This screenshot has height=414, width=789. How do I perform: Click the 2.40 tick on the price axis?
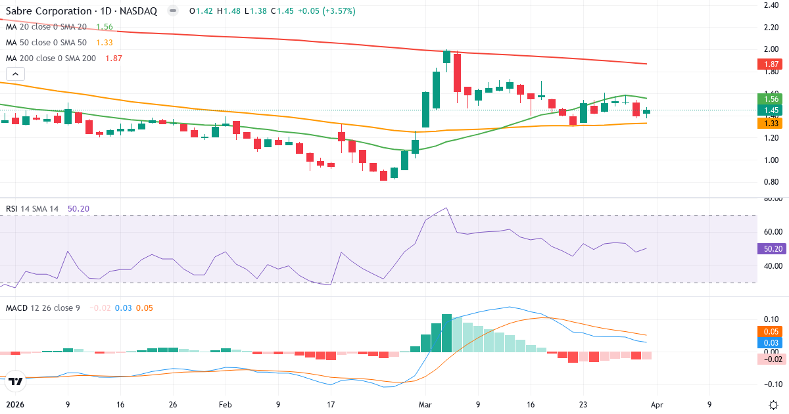coord(771,5)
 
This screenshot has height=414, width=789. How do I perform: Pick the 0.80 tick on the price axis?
coord(771,182)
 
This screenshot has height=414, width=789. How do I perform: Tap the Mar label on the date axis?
coord(425,404)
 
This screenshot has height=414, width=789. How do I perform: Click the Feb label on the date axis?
coord(226,404)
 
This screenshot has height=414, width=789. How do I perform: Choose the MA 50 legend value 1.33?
coord(105,42)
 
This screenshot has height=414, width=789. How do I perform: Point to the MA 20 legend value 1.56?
coord(105,27)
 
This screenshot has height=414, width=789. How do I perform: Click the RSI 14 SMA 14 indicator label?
coord(32,208)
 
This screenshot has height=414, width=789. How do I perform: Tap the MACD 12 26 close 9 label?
coord(43,308)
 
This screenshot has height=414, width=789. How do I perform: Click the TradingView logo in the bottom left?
coord(16,380)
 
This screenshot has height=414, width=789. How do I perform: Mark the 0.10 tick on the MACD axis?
coord(771,319)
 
